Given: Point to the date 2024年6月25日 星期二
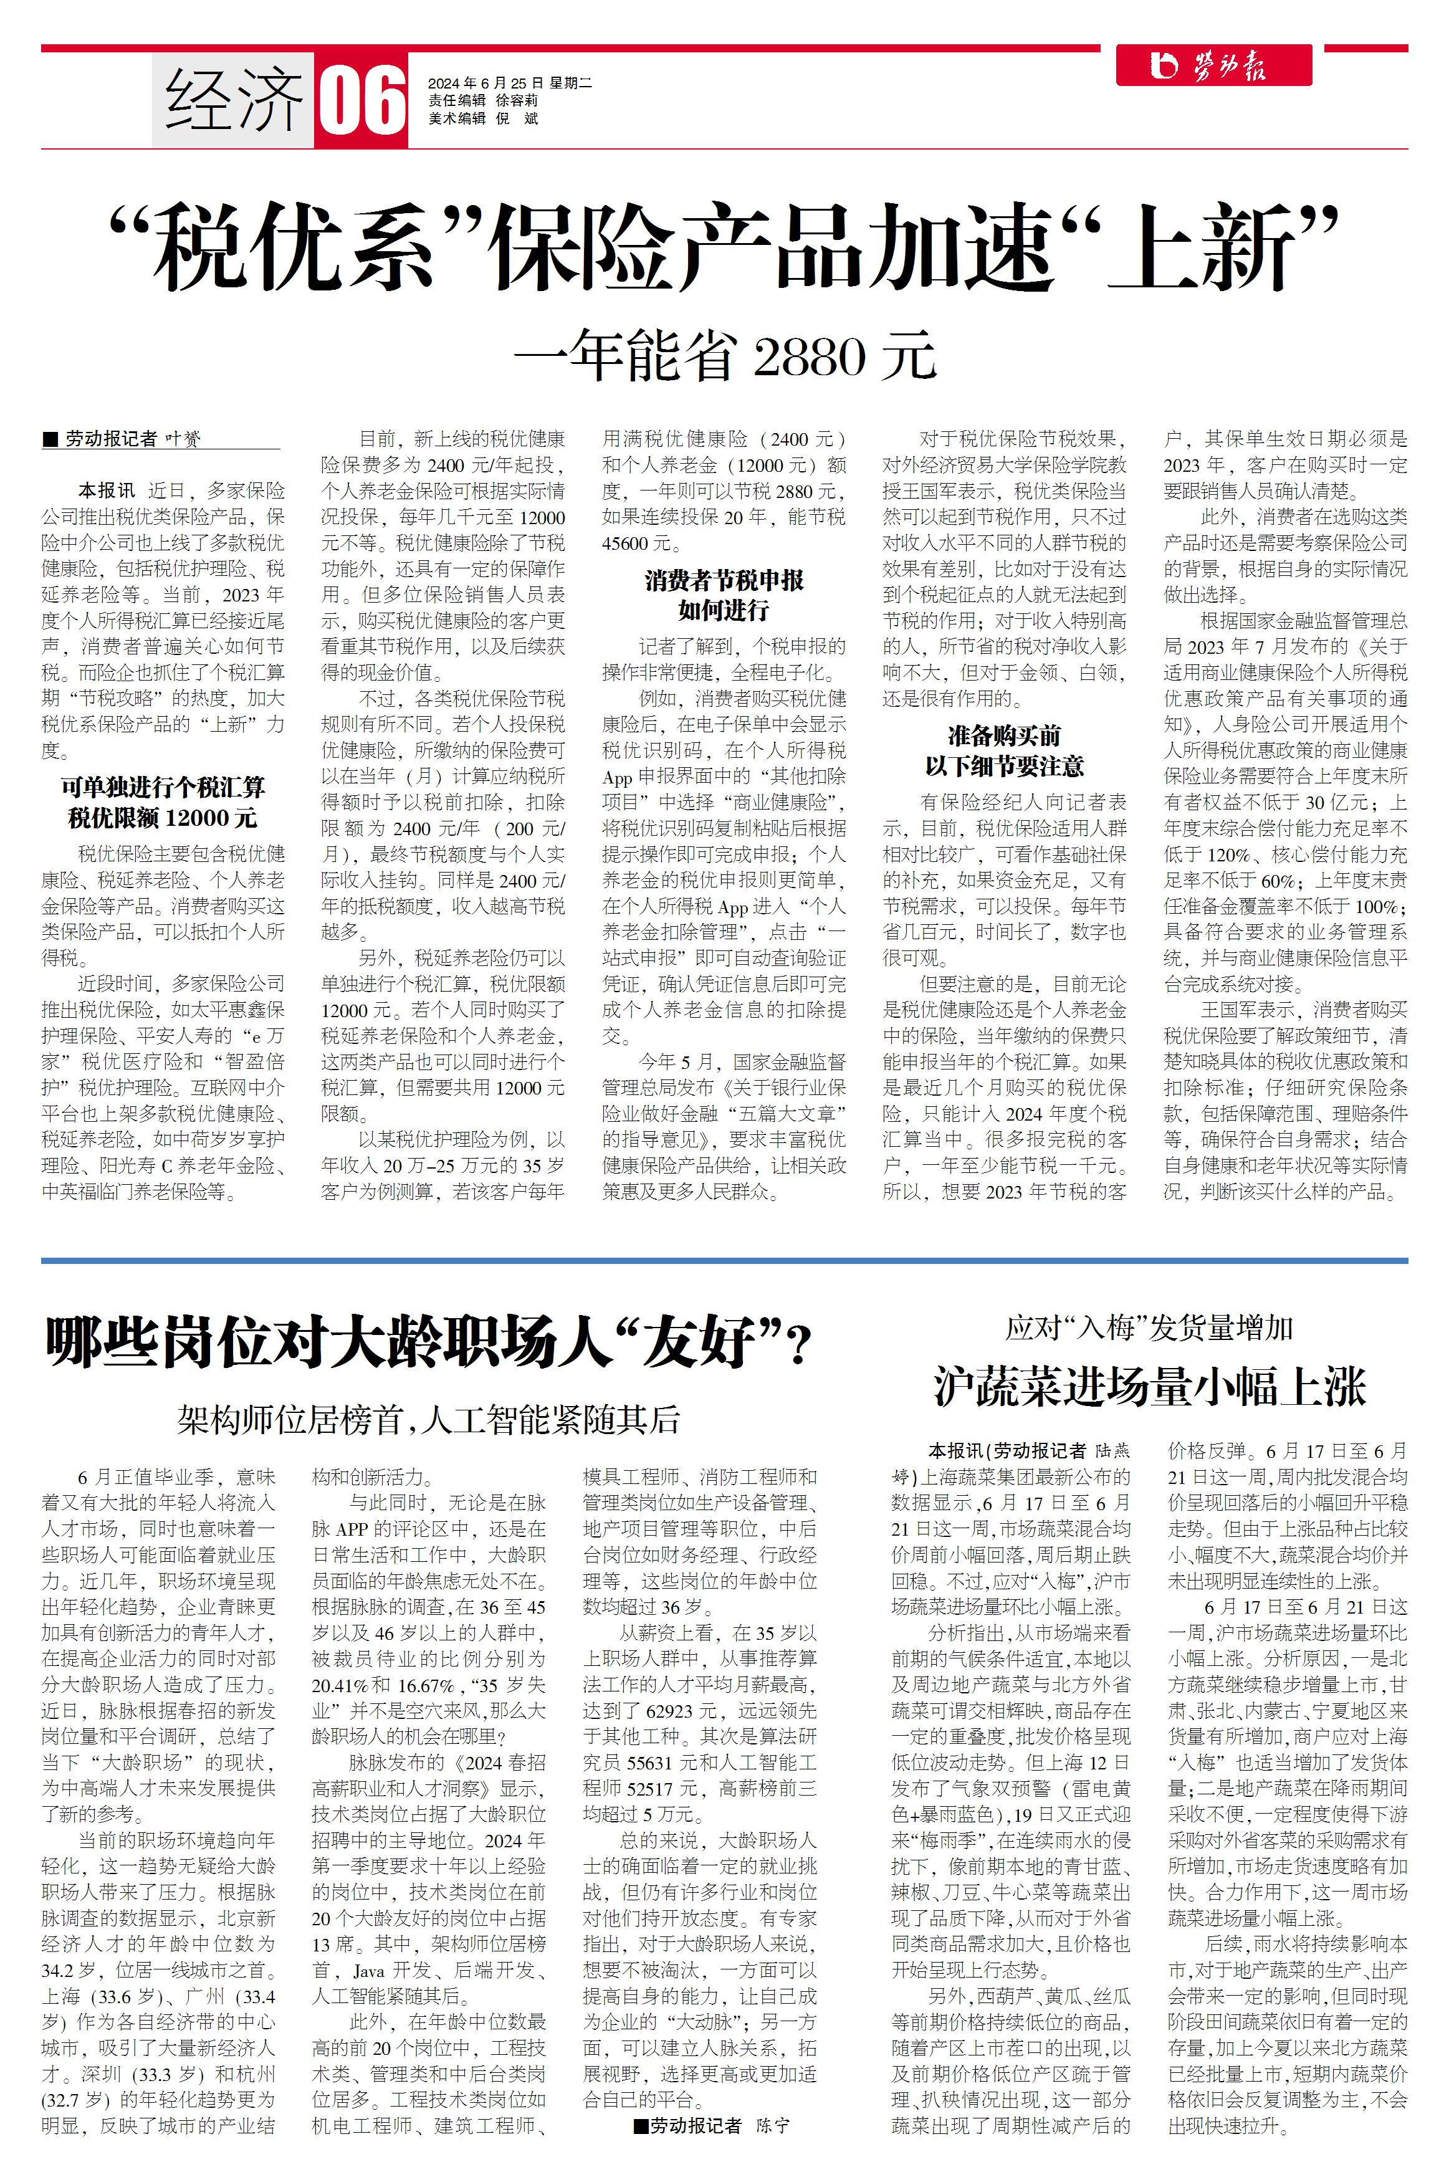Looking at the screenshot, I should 509,83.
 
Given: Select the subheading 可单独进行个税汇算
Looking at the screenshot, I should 163,787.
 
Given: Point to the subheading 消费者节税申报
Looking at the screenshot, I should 724,580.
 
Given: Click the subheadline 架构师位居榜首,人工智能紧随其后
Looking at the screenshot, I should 429,1419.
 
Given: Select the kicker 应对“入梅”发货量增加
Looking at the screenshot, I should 1149,1329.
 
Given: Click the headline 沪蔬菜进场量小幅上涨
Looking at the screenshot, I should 1149,1387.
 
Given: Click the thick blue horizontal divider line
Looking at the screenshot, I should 724,1260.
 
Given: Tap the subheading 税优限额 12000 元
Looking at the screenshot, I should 163,818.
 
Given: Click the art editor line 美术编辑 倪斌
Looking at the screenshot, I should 482,118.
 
